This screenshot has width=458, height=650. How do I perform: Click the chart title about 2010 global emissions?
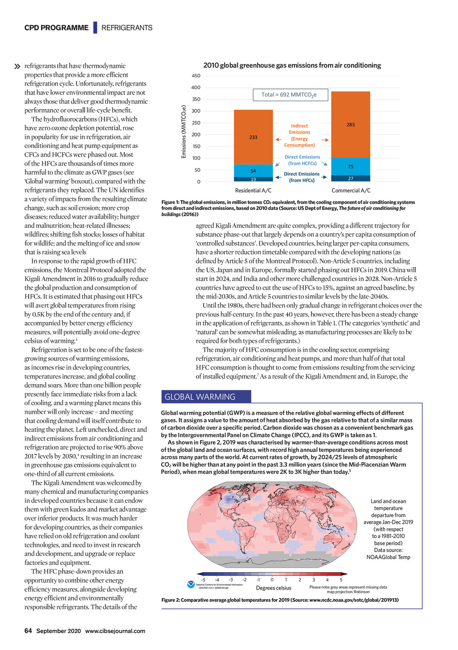click(292, 65)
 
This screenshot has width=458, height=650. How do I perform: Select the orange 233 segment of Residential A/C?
click(253, 137)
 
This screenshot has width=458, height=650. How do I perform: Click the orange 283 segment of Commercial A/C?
click(350, 124)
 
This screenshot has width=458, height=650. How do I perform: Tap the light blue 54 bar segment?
click(253, 171)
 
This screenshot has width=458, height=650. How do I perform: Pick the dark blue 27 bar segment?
click(350, 178)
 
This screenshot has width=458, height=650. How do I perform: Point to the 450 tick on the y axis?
click(196, 76)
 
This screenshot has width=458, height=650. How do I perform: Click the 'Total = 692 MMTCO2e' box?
click(290, 95)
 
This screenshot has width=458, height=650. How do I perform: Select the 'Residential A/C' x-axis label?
click(253, 191)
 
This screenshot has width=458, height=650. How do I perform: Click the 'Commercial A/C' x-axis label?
click(351, 191)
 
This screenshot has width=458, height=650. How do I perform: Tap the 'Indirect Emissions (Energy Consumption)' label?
click(299, 136)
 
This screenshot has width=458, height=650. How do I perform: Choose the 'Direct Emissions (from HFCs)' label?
click(301, 177)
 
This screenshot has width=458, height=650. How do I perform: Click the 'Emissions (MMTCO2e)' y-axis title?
click(184, 131)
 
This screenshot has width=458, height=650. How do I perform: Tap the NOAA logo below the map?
click(191, 585)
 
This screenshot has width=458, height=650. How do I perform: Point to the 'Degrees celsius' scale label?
click(273, 588)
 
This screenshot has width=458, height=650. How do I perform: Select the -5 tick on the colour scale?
click(203, 580)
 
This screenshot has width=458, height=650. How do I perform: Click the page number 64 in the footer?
click(28, 631)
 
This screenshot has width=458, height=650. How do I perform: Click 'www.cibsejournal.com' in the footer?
click(115, 631)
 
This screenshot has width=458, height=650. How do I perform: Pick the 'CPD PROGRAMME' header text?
click(56, 28)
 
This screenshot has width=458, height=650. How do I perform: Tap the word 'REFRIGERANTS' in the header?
click(127, 28)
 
